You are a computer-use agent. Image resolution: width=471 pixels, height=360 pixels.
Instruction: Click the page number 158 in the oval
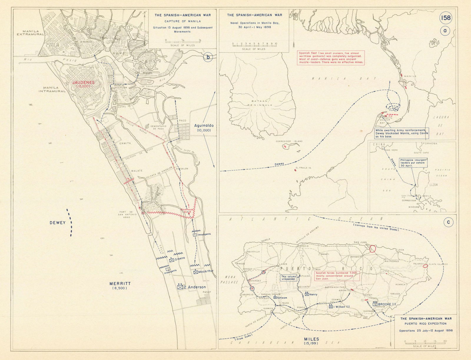(x=446, y=18)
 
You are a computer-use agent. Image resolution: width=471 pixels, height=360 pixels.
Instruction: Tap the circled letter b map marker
(x=208, y=57)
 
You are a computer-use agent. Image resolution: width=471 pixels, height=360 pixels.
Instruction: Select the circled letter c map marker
(x=448, y=223)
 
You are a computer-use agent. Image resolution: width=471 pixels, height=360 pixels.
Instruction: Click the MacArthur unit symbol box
(x=196, y=272)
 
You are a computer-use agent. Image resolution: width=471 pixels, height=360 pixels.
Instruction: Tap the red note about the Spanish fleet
(x=331, y=57)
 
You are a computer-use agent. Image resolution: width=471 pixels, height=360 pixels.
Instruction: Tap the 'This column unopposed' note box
(x=288, y=278)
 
